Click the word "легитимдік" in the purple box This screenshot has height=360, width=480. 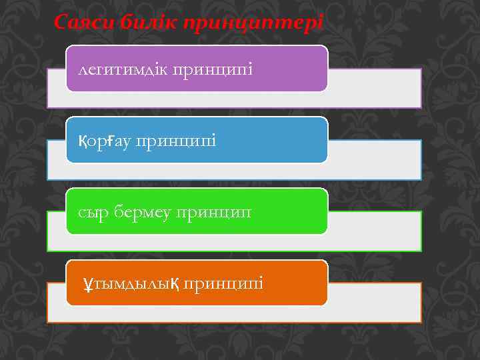[x=123, y=69]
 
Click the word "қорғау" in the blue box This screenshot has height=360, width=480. [x=103, y=141]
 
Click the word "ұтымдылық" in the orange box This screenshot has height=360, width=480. [x=129, y=284]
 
